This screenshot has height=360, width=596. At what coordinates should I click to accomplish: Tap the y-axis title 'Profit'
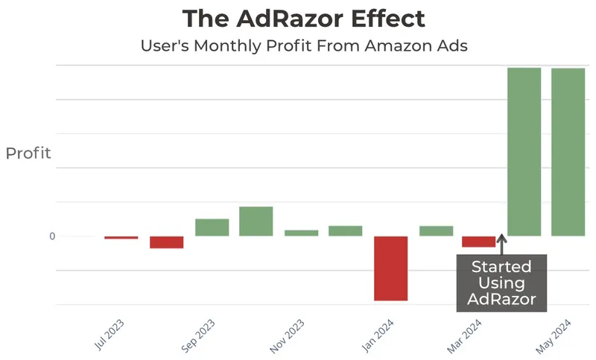click(28, 154)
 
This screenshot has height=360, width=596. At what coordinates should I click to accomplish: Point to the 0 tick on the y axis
click(52, 236)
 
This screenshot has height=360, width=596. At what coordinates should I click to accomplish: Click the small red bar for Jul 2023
click(121, 238)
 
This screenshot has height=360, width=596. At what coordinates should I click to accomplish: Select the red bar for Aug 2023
click(166, 242)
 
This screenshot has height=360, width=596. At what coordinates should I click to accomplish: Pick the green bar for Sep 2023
click(212, 227)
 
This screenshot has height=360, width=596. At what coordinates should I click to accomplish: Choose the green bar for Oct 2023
click(256, 221)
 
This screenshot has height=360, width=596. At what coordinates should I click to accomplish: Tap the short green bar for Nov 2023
click(301, 233)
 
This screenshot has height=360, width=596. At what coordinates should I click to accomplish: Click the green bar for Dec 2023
click(345, 231)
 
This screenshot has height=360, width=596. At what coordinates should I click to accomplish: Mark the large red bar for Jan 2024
click(390, 268)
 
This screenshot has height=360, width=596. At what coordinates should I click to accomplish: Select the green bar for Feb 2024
click(436, 231)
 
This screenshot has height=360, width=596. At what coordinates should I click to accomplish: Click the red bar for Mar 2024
click(478, 241)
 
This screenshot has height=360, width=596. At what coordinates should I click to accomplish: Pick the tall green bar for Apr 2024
click(524, 152)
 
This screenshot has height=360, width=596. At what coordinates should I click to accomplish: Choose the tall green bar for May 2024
click(568, 152)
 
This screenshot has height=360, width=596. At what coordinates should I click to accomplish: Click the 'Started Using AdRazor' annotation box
click(501, 283)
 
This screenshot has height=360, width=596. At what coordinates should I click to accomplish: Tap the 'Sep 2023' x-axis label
click(199, 336)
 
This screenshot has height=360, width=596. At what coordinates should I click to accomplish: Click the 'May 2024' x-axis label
click(556, 336)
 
